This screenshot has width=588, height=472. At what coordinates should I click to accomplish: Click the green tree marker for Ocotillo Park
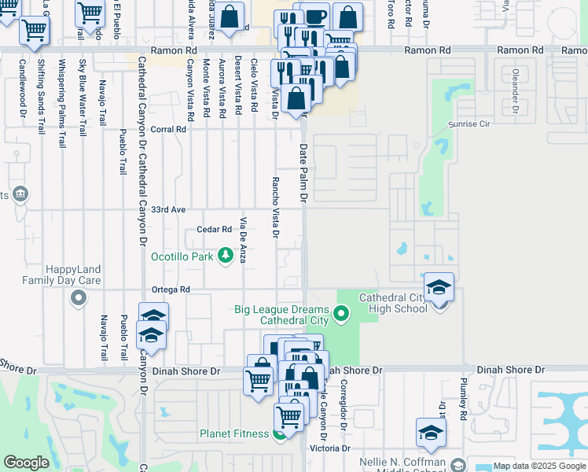pos(226,255)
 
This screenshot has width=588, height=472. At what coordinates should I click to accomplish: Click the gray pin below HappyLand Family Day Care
pos(78,297)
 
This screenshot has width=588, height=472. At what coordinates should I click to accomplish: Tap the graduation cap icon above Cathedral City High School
pos(439,287)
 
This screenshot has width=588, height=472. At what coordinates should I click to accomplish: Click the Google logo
pos(26,463)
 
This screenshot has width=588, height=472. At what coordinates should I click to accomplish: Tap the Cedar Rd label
pos(215,230)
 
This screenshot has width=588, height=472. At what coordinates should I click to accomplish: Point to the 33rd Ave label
pos(168,210)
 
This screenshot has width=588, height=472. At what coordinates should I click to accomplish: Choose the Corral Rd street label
pos(168,129)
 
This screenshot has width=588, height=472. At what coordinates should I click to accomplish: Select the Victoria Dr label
pos(329,448)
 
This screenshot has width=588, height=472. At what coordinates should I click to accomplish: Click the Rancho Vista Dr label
pos(275,206)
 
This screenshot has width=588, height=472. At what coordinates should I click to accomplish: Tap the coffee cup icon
pos(316,18)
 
